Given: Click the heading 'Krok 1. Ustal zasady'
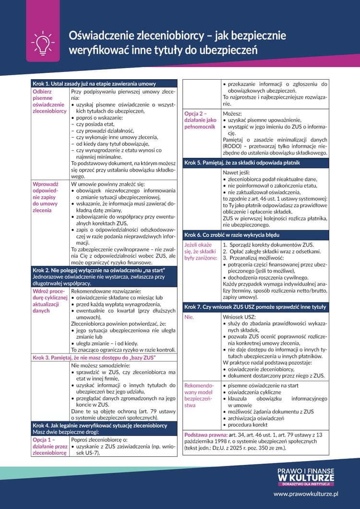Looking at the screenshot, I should (x=94, y=83).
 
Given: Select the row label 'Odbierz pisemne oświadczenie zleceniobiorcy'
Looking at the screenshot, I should (x=49, y=101).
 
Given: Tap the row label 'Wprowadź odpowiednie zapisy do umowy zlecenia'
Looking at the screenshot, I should (x=46, y=197).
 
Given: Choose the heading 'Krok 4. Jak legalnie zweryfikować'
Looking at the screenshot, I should (x=100, y=425).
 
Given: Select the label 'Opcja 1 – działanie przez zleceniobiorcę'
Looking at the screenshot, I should (x=50, y=446).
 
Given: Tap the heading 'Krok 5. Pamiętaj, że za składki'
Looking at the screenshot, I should (x=249, y=163).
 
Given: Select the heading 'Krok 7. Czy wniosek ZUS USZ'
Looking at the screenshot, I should (x=255, y=307).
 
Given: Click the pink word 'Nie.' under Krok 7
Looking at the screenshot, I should (x=189, y=317).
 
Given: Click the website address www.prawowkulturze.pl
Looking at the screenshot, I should (x=306, y=493).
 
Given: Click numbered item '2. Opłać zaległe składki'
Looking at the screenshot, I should (x=272, y=251).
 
